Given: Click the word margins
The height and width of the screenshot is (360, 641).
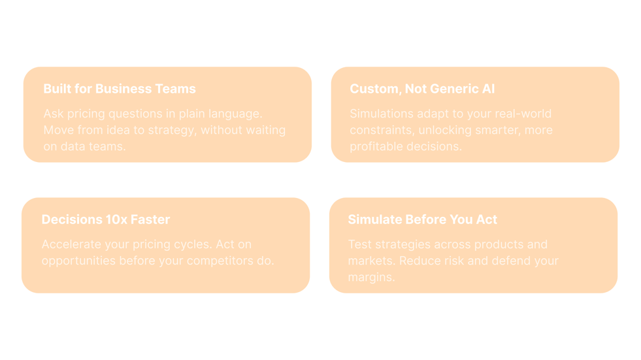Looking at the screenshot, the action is click(372, 278).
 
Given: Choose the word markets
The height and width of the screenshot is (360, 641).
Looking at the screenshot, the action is click(372, 261).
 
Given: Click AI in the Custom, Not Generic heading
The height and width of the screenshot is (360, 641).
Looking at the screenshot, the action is click(489, 89).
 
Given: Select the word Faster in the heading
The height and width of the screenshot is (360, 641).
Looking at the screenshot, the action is click(150, 220).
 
